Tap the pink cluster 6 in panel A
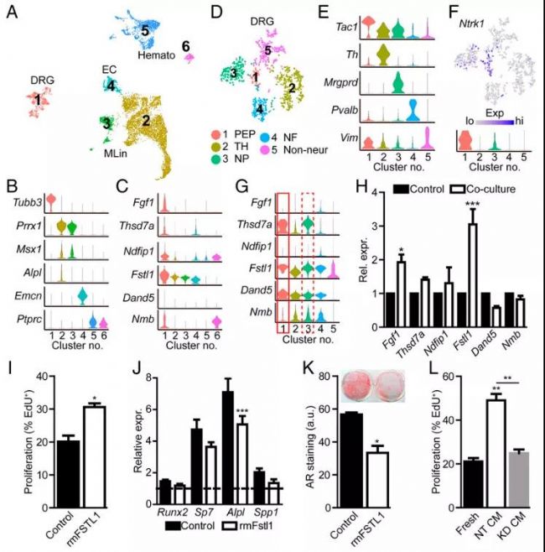[189, 57]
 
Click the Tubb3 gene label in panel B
[24, 199]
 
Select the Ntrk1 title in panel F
[474, 13]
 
